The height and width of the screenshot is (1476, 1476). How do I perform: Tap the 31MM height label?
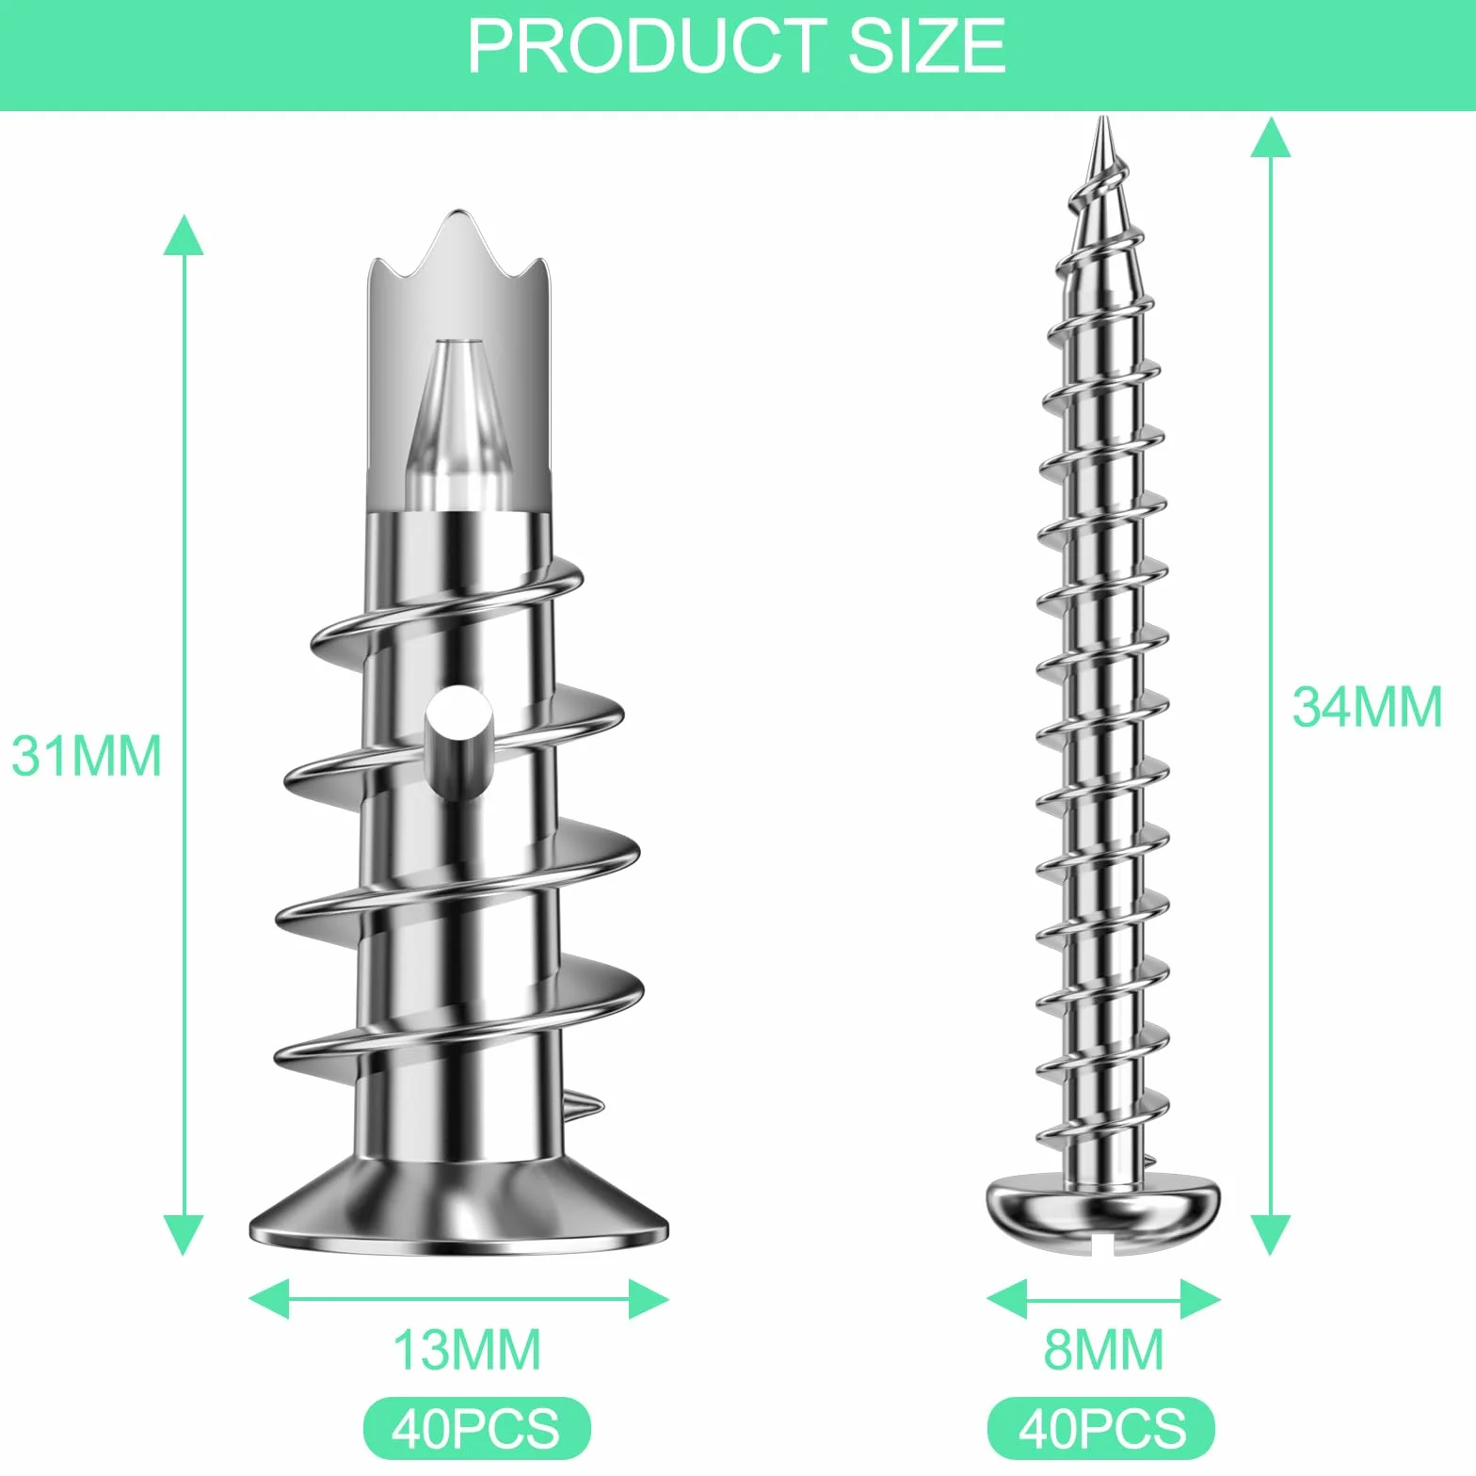click(x=87, y=755)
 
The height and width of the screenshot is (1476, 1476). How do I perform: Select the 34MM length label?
click(x=1367, y=707)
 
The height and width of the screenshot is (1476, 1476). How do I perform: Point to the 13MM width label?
click(x=467, y=1350)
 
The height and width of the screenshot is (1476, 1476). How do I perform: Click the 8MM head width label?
click(x=1103, y=1350)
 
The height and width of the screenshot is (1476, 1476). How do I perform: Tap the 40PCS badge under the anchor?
click(x=476, y=1428)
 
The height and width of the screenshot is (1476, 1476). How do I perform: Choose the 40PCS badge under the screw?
click(x=1101, y=1428)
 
